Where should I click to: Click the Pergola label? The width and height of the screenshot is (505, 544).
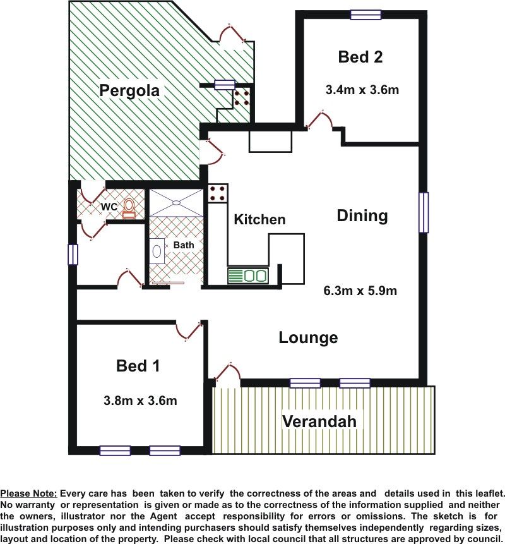click(x=129, y=91)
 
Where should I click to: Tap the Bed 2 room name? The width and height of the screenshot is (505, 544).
click(x=360, y=57)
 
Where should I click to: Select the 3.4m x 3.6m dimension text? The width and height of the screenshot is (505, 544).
click(x=362, y=90)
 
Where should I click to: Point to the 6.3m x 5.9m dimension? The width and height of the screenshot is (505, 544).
click(x=360, y=291)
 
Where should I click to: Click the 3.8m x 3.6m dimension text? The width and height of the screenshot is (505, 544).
click(x=140, y=401)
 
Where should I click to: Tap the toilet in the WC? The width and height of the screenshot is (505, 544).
click(x=129, y=208)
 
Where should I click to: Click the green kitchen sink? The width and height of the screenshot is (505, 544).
click(x=248, y=275)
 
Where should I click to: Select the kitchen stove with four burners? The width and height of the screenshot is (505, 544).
click(x=218, y=193)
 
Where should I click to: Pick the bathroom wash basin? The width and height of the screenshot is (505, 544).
click(x=157, y=251)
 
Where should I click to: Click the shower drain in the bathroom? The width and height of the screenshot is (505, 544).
click(x=176, y=202)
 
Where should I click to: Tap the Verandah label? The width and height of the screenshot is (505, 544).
click(x=319, y=421)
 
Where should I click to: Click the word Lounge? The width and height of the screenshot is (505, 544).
click(x=308, y=337)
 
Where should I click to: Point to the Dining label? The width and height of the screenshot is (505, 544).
click(x=362, y=216)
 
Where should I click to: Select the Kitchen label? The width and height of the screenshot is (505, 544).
click(x=259, y=220)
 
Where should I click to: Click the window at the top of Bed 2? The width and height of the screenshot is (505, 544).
click(x=365, y=15)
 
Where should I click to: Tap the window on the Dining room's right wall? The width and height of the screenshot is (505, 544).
click(x=424, y=212)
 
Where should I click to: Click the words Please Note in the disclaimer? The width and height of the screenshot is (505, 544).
click(x=28, y=493)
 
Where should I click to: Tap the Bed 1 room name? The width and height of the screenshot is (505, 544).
click(x=138, y=366)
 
